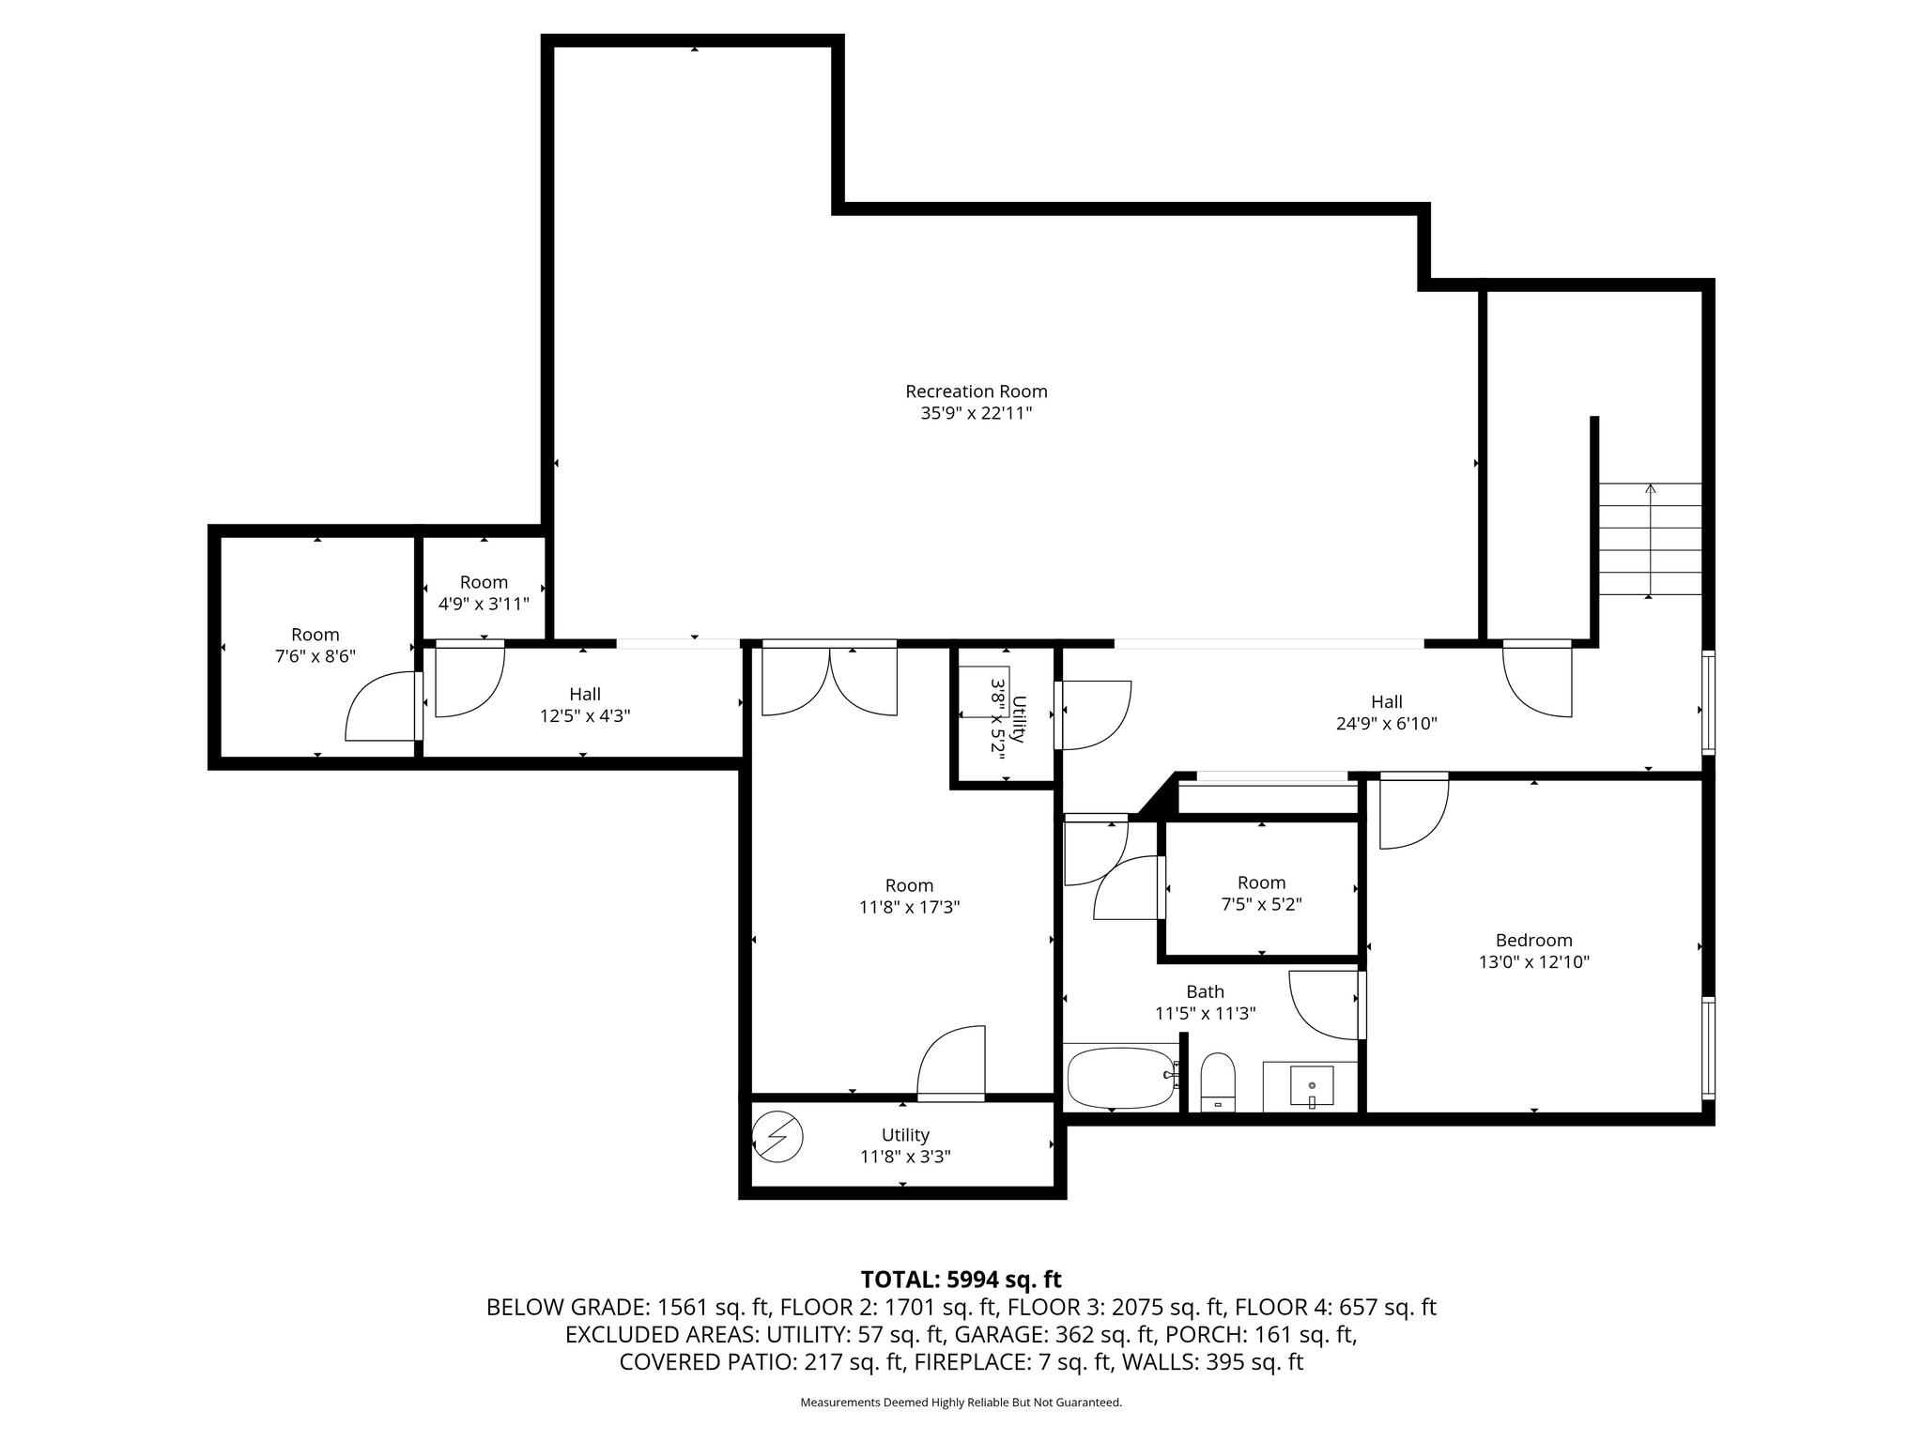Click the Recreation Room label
click(976, 391)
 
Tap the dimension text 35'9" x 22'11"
click(976, 414)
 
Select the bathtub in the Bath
click(1119, 1078)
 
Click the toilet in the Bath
click(1218, 1081)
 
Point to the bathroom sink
click(1311, 1087)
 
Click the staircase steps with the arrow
click(1650, 539)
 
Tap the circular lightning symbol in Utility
click(778, 1137)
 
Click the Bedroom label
click(1533, 940)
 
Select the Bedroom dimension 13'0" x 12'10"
click(1533, 962)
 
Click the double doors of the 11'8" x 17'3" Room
click(829, 680)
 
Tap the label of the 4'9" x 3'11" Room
click(484, 582)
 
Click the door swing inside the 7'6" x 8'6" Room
click(381, 706)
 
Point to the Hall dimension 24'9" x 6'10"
click(1386, 724)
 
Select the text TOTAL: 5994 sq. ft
click(961, 1280)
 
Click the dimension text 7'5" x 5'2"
click(1260, 905)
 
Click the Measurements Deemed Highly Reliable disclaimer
click(961, 1403)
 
